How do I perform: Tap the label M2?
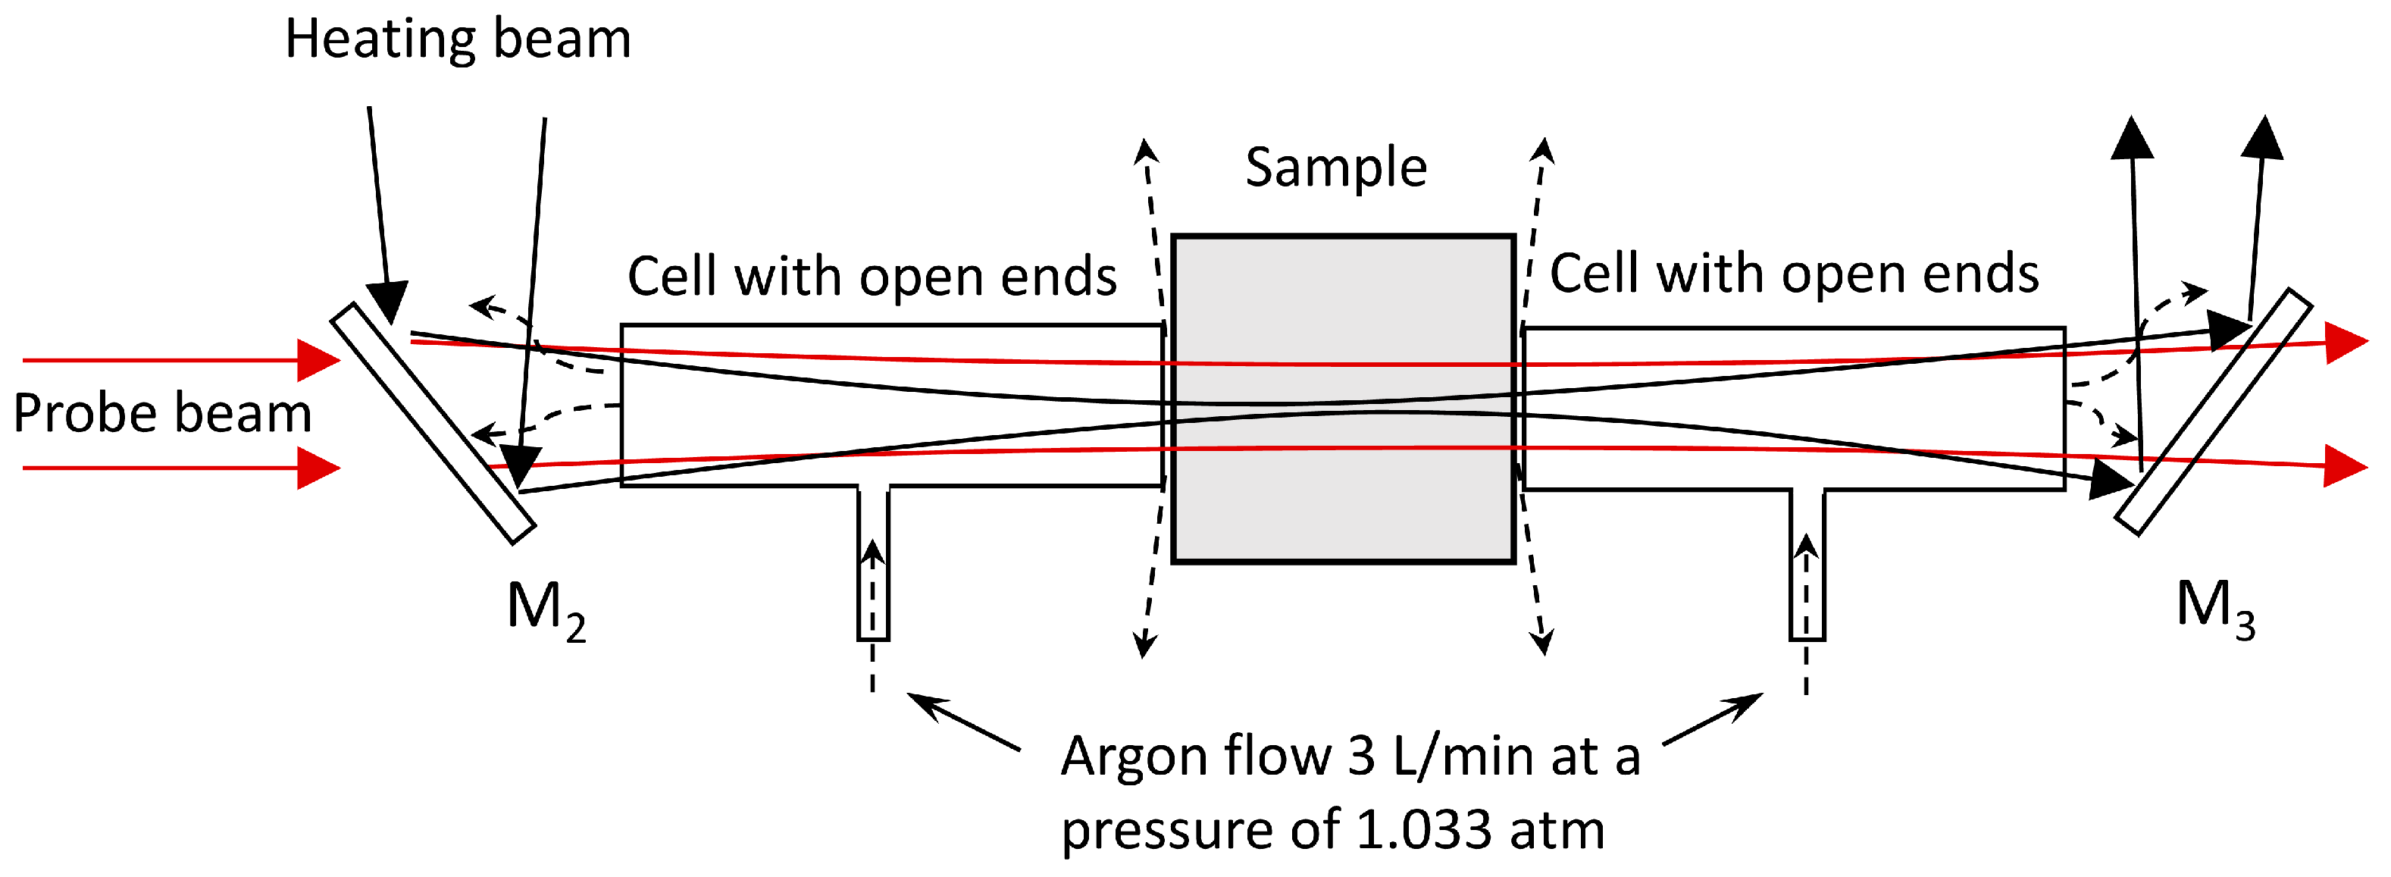click(x=546, y=609)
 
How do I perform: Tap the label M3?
click(x=2214, y=608)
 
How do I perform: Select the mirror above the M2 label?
click(x=433, y=423)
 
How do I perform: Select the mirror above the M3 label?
click(x=2213, y=412)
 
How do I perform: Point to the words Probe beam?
click(x=162, y=413)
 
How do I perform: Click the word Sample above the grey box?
click(x=1335, y=168)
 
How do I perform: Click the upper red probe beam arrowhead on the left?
click(x=318, y=360)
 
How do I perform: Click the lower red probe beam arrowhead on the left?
click(x=318, y=468)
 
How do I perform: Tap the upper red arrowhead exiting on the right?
click(x=2346, y=343)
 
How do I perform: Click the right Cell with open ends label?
click(x=1793, y=274)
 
